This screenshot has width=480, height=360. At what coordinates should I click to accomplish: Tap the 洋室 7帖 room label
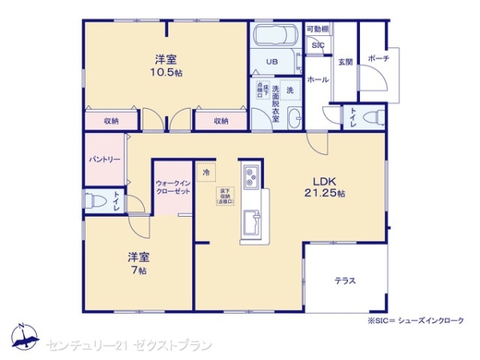pos(138,263)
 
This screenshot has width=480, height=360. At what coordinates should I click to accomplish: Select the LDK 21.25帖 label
pos(325,186)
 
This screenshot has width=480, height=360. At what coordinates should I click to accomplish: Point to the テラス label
pos(346,281)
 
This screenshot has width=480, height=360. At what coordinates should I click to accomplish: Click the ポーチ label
pos(378,59)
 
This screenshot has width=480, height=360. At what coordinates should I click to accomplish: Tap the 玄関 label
pos(345,62)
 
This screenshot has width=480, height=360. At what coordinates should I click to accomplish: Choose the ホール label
pos(316,80)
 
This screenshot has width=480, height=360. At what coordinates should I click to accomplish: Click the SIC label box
pos(318,46)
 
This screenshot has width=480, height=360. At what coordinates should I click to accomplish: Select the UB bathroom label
pos(271,62)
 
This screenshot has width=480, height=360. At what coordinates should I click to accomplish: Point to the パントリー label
pos(105,159)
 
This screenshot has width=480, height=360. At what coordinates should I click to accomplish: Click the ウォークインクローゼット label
pos(173,188)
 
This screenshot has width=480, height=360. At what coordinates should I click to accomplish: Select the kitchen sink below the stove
pos(254,219)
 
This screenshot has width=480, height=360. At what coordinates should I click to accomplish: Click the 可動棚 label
pos(318,29)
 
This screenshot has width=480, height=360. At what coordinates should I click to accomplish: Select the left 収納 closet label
pos(111,121)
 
